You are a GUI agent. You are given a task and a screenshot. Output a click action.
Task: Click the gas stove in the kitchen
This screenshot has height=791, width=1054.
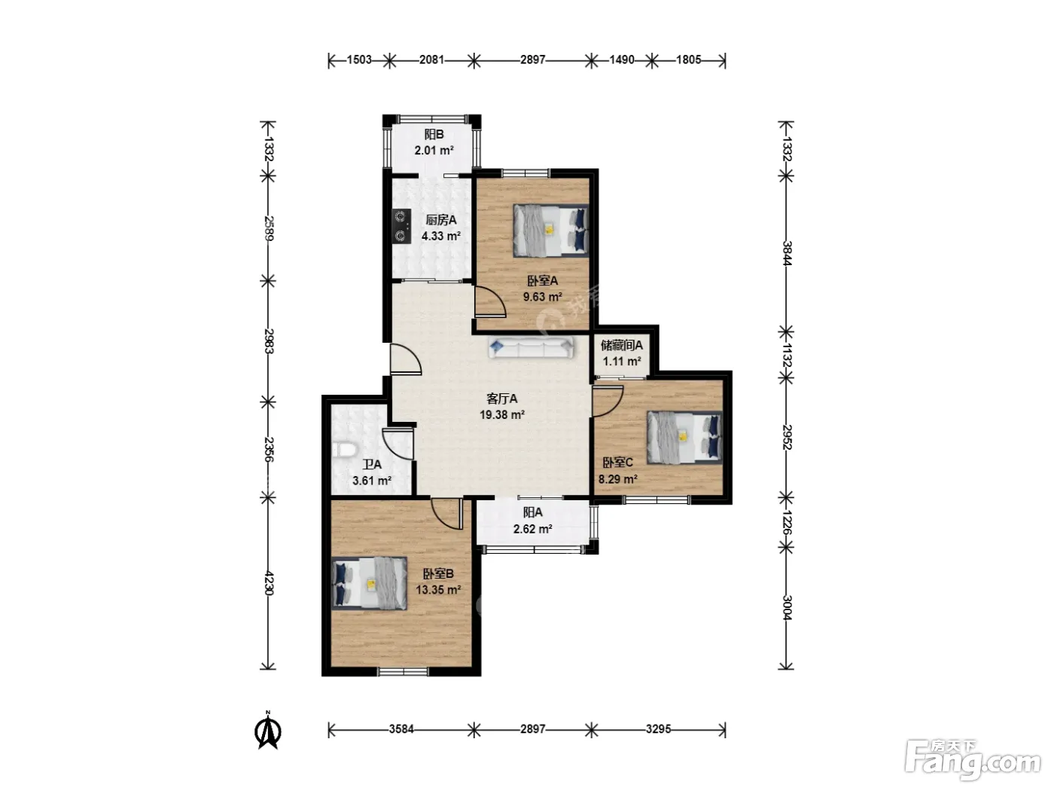tap(401, 227)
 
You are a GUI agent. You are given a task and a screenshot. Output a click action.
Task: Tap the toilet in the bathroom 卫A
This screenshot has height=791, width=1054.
tap(344, 450)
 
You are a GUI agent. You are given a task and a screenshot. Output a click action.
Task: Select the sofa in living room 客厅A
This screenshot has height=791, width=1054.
tap(531, 347)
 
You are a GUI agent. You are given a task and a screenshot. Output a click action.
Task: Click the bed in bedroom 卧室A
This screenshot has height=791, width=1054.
tap(551, 231)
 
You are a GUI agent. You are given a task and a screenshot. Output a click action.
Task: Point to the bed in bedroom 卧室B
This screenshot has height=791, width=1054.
tap(370, 583)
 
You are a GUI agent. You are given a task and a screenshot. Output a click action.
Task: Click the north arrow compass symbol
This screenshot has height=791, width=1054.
tap(269, 730)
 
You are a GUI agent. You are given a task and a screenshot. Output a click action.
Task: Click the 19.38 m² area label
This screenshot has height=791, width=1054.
tap(502, 414)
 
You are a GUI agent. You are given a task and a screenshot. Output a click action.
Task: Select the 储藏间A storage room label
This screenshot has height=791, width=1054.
tap(621, 345)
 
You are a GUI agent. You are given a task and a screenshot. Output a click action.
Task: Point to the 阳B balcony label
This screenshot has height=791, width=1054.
tap(434, 135)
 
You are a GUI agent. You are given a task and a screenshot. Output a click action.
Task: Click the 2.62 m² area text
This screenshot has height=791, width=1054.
tap(532, 529)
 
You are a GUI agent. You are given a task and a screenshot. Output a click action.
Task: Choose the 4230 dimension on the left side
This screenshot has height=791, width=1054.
tap(269, 582)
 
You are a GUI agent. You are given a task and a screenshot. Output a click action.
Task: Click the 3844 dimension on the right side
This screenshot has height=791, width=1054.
tap(787, 252)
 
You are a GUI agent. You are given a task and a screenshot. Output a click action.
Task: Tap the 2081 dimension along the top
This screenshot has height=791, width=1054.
tap(431, 60)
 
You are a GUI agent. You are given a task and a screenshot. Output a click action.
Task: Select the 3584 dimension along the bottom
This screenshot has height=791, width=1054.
tap(401, 729)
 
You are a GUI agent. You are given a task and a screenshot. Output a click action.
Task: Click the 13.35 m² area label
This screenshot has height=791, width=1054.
tap(438, 589)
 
